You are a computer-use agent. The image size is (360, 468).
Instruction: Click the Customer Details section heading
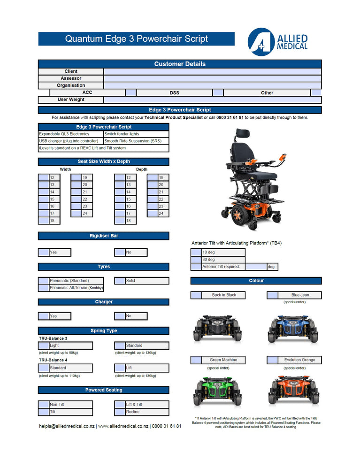coord(180,64)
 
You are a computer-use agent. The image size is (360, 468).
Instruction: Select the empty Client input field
coord(212,71)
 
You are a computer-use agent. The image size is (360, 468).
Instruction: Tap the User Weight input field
coord(212,100)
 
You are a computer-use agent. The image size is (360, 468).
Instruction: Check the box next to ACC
coord(130,92)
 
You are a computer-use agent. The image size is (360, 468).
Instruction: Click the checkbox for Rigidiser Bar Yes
coord(44,252)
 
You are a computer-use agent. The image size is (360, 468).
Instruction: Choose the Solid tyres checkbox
coord(120,281)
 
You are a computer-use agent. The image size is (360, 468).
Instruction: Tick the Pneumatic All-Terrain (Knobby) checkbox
coord(44,288)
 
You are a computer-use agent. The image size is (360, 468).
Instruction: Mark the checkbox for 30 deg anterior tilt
coord(196,260)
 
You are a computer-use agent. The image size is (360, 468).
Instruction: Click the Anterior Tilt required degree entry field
coord(256,267)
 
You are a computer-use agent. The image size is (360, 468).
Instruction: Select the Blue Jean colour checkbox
coord(272,295)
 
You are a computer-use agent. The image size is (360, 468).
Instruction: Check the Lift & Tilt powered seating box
coord(120,405)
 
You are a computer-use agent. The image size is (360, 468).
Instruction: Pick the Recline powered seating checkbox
coord(120,412)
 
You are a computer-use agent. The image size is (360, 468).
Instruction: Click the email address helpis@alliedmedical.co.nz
coord(67,426)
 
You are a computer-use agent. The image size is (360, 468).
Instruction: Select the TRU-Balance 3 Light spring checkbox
coord(44,345)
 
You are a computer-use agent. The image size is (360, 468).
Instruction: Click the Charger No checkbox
coord(120,316)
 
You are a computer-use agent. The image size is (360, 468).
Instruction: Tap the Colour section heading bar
coord(256,281)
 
